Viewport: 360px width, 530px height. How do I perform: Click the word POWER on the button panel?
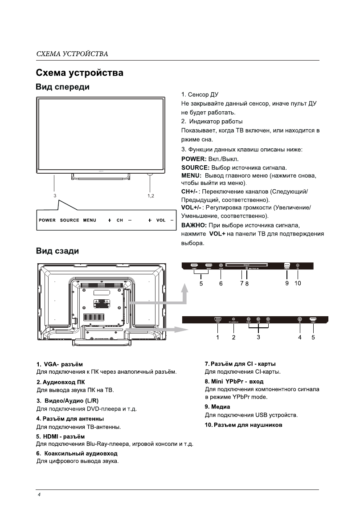coord(47,220)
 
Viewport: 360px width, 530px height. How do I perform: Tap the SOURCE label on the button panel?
coord(70,220)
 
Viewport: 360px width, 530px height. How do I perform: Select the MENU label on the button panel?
coord(90,220)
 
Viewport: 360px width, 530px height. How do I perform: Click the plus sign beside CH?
coord(109,220)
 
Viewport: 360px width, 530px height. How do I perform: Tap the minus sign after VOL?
coord(172,220)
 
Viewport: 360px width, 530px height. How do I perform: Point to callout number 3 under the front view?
coord(55,195)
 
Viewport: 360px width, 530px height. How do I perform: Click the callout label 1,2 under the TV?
coord(151,195)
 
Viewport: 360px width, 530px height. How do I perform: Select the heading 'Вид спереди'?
coord(62,87)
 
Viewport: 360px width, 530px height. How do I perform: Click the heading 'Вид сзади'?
coord(57,251)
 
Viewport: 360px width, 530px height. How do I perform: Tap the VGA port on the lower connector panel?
coord(217,319)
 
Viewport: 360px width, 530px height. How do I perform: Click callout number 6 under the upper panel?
coord(221,283)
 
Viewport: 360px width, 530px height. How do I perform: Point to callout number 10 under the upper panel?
coord(298,283)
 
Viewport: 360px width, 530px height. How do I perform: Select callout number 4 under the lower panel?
coord(300,337)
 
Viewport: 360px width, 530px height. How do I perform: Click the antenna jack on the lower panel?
coord(299,319)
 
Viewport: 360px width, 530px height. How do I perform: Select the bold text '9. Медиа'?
coord(217,407)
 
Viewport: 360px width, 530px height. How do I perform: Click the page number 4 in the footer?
coord(39,495)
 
